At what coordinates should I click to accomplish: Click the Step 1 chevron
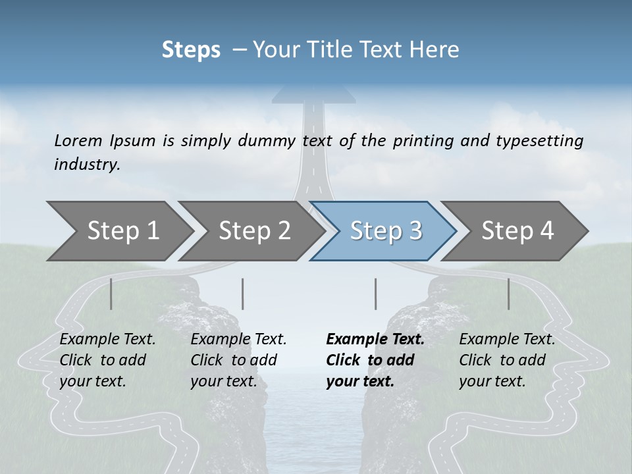point(122,231)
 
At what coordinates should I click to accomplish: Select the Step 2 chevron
point(254,231)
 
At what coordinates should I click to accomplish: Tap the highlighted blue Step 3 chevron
point(386,231)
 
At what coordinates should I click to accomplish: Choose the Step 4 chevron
point(517,231)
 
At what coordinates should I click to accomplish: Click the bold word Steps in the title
point(191,49)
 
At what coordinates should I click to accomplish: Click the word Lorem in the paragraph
point(78,140)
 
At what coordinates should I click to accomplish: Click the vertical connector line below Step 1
point(111,294)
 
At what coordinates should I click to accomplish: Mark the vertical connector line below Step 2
point(243,294)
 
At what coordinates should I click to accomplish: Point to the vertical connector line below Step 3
point(376,294)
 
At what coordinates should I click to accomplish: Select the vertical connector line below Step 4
point(509,294)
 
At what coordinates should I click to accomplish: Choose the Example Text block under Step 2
point(238,360)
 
